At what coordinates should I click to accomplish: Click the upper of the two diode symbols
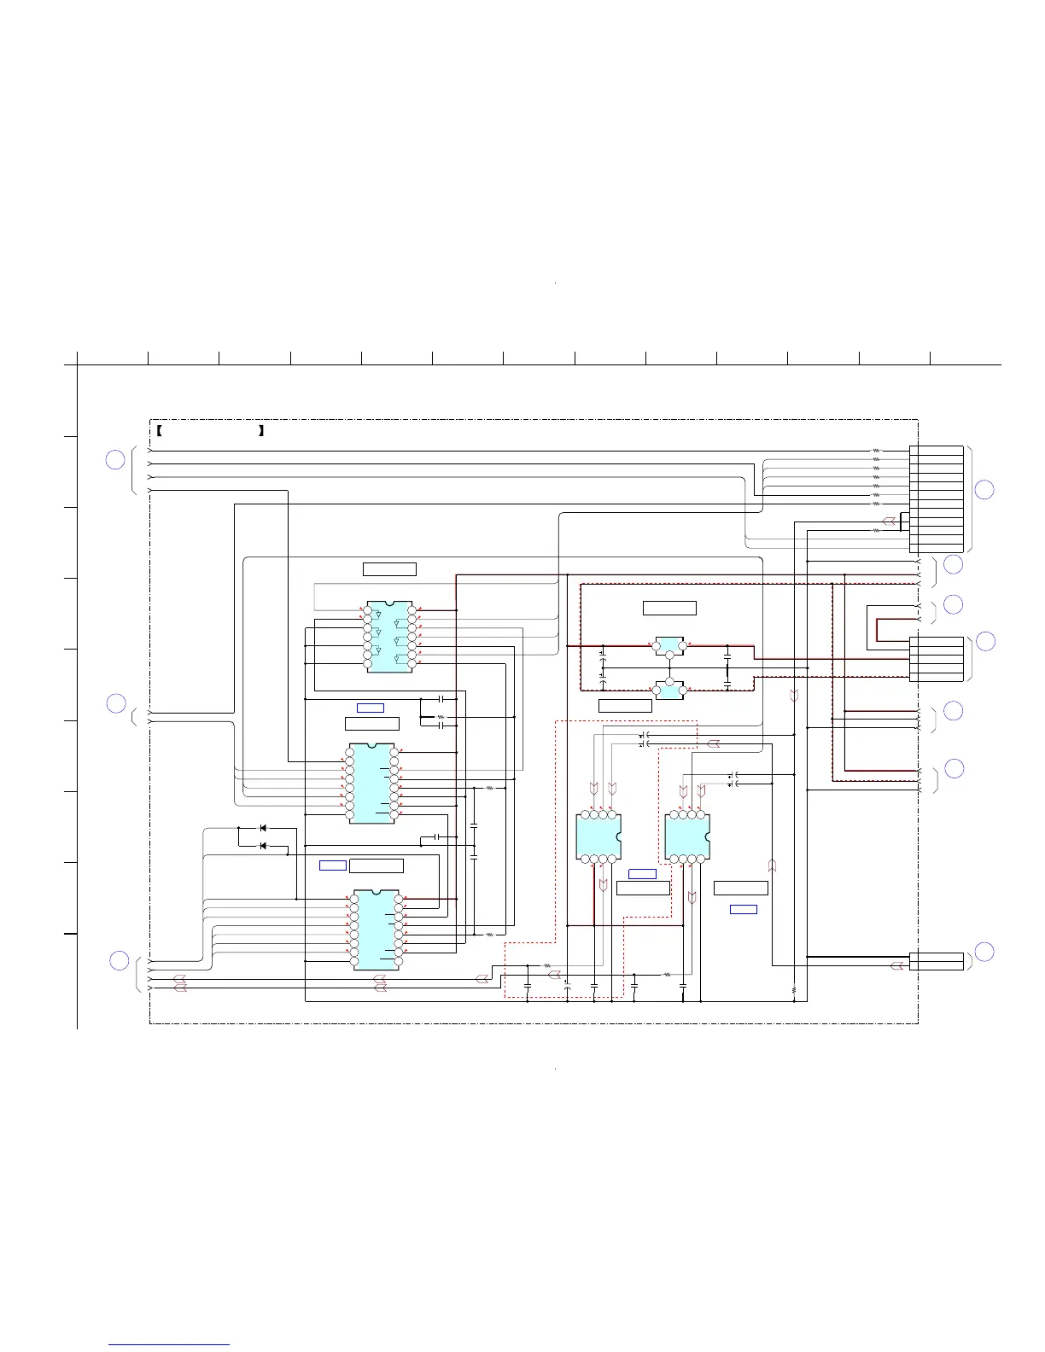[x=263, y=828]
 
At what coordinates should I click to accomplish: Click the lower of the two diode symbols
[x=263, y=846]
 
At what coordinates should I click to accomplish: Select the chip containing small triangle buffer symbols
[x=390, y=637]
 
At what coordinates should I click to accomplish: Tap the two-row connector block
[x=937, y=961]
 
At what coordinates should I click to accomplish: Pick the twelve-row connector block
[x=937, y=498]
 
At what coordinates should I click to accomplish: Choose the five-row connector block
[x=937, y=659]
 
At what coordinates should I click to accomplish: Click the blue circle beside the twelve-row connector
[x=984, y=489]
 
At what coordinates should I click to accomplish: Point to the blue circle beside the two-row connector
[x=984, y=952]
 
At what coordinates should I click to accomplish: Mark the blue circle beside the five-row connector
[x=985, y=641]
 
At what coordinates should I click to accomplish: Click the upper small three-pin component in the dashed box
[x=669, y=646]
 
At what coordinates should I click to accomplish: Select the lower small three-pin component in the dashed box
[x=669, y=689]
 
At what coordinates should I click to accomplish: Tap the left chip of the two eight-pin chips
[x=598, y=836]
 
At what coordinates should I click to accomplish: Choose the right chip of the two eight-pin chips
[x=687, y=836]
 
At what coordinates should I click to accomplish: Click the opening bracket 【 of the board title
[x=160, y=431]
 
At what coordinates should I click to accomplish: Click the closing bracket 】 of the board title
[x=260, y=431]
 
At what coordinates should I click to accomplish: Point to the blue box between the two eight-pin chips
[x=642, y=874]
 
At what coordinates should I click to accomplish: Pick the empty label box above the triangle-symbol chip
[x=389, y=569]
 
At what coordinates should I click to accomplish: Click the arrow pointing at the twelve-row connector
[x=889, y=521]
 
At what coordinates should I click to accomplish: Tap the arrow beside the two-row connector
[x=896, y=965]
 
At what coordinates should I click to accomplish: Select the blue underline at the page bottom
[x=170, y=1345]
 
